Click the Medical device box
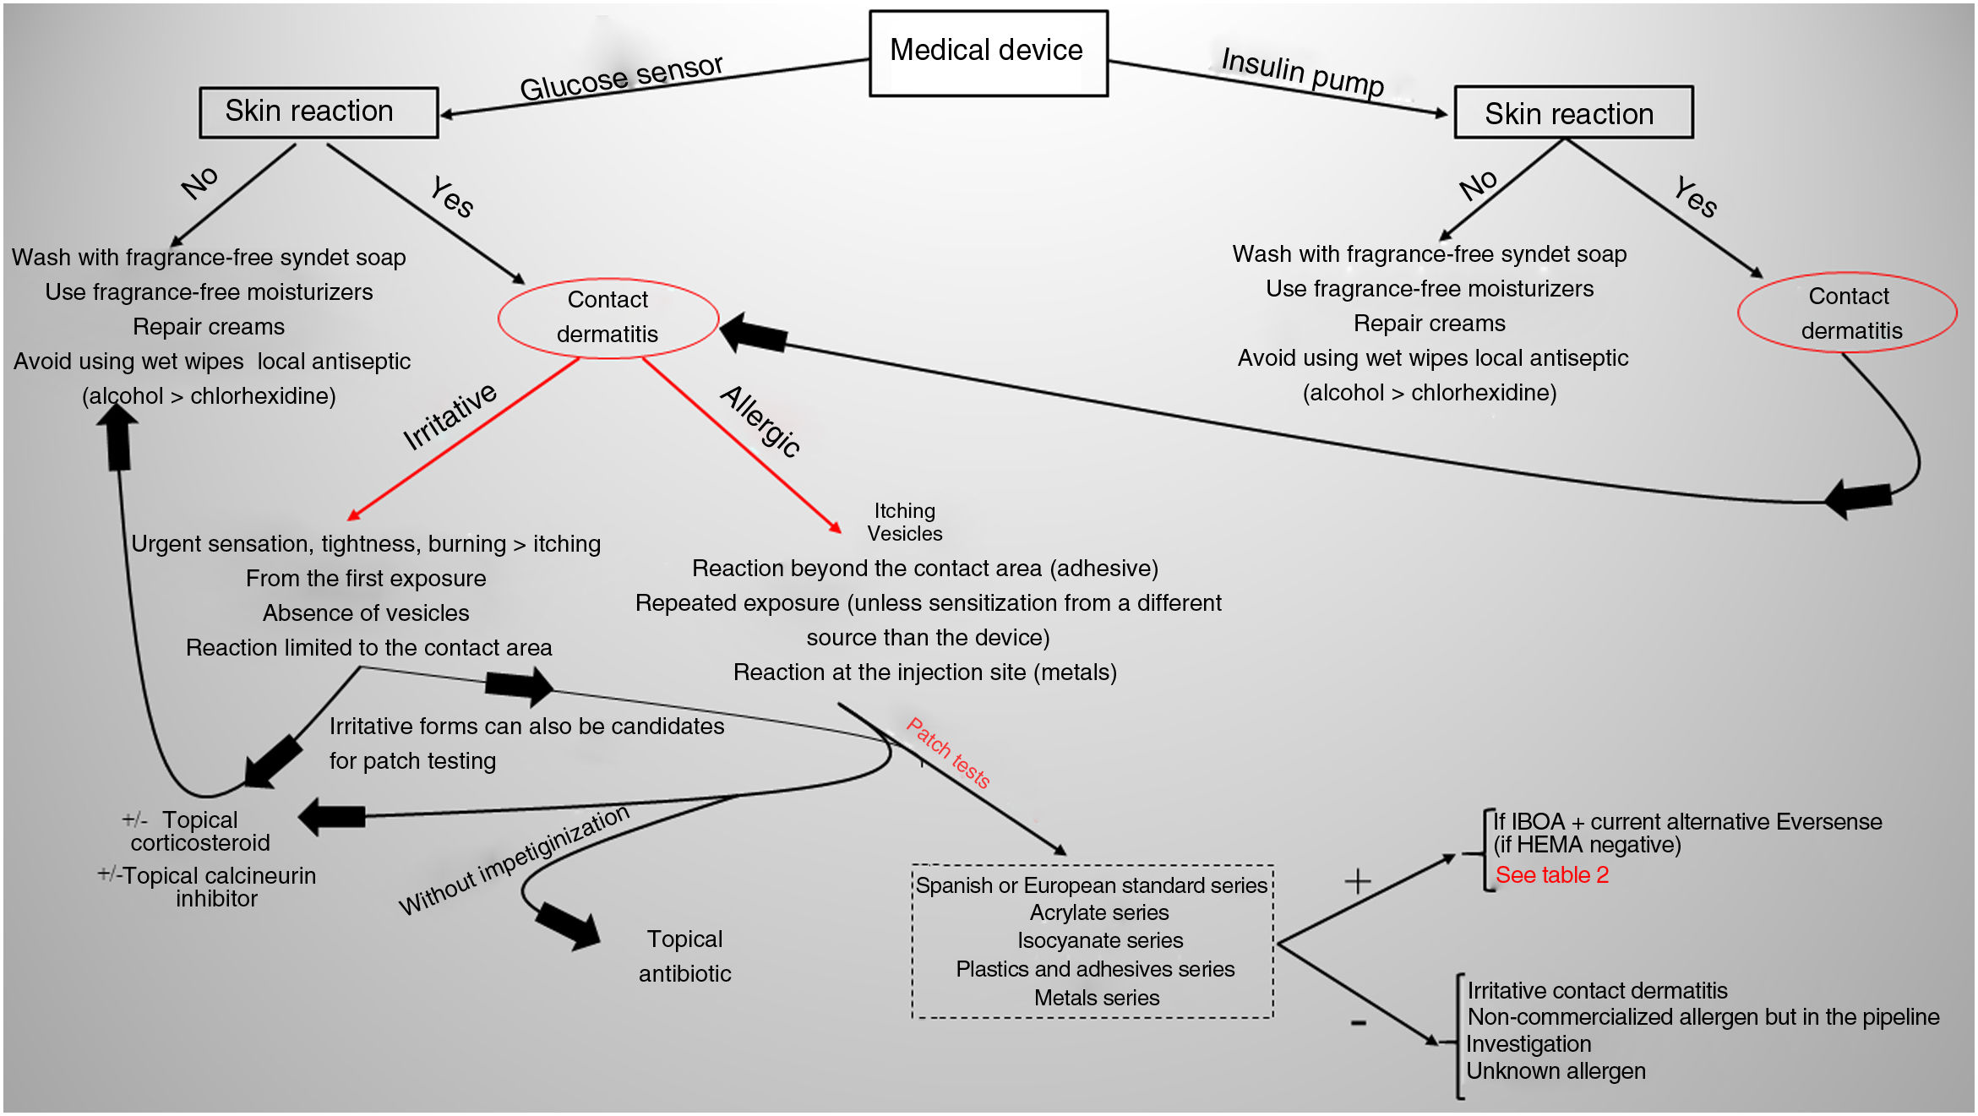coord(988,52)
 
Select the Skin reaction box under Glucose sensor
coord(319,112)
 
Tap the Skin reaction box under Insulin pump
coord(1572,112)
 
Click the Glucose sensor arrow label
coord(621,78)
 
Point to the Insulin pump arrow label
coord(1302,72)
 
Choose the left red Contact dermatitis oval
coord(608,318)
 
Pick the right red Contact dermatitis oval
coord(1848,313)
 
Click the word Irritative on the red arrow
coord(450,416)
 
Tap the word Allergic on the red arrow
coord(760,421)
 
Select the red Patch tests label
coord(948,752)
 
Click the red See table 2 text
coord(1551,875)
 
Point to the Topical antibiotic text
coord(684,956)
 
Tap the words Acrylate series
coord(1098,913)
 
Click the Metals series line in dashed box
coord(1096,998)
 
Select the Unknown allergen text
coord(1556,1071)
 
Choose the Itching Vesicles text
coord(904,522)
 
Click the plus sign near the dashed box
coord(1357,882)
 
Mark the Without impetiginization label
coord(514,860)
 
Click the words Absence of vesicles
coord(366,613)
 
